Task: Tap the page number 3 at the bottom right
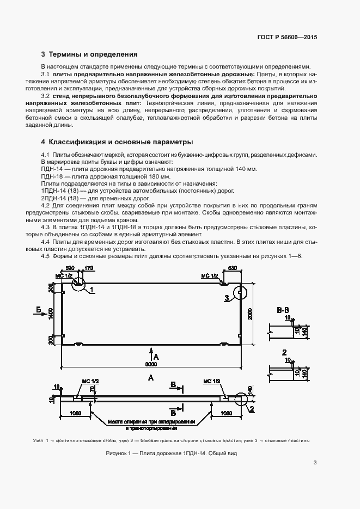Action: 315,463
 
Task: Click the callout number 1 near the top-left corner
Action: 93,290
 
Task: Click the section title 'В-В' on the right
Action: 283,310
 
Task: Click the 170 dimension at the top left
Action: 89,268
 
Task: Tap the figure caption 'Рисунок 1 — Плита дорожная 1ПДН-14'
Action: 172,453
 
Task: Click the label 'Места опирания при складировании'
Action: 151,421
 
